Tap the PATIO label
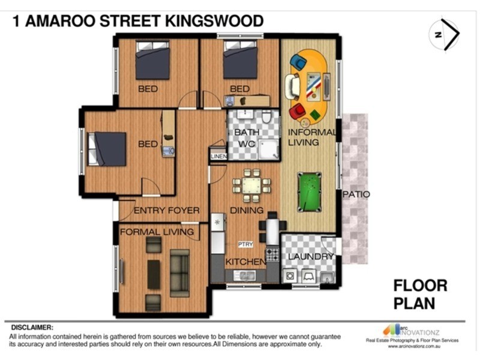(x=356, y=194)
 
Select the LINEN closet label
(x=218, y=157)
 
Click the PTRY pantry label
(x=245, y=244)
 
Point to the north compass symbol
(x=445, y=35)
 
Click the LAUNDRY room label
(x=311, y=257)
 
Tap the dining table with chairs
(x=247, y=185)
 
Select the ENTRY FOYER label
(x=166, y=211)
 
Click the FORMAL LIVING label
(x=157, y=232)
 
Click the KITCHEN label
(x=245, y=262)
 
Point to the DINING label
(x=247, y=210)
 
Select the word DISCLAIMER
(x=32, y=328)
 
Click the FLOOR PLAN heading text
(x=420, y=294)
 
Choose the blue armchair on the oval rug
(x=298, y=61)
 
